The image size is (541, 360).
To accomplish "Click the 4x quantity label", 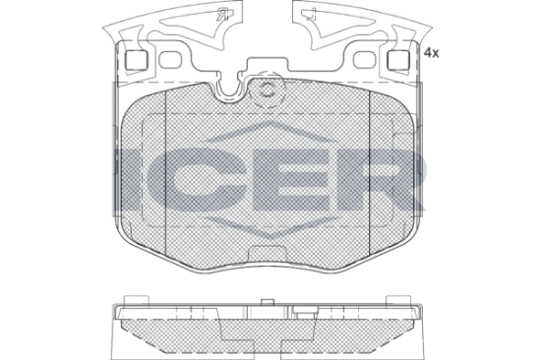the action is pos(431,53).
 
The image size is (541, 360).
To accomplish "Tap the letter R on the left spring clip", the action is pos(221,15).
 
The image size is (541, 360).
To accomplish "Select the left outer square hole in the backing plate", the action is pos(136,60).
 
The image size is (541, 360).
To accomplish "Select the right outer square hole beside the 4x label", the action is pos(398,60).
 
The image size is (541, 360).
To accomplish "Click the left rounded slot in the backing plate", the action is pos(170,60).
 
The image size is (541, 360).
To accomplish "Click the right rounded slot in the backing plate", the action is pos(365,60).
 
